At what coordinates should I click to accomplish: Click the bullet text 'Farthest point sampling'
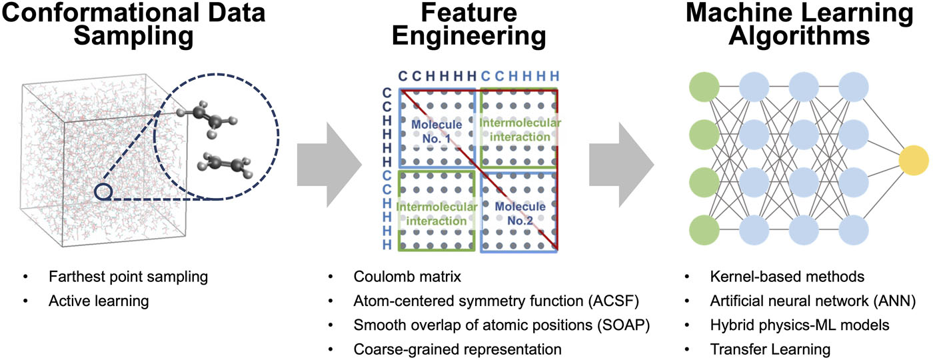click(x=115, y=276)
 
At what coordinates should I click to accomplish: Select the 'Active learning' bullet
click(x=98, y=301)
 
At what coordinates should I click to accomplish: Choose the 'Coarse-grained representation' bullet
click(x=459, y=348)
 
